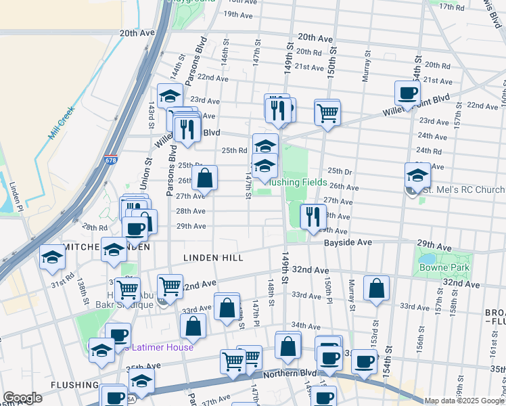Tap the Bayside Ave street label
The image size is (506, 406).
click(x=348, y=242)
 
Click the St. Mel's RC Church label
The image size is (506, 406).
click(x=462, y=191)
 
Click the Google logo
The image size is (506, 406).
click(x=22, y=398)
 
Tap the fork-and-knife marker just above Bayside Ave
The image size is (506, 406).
click(x=312, y=217)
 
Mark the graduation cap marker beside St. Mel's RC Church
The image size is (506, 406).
click(x=417, y=175)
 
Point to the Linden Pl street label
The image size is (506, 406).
click(x=18, y=198)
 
